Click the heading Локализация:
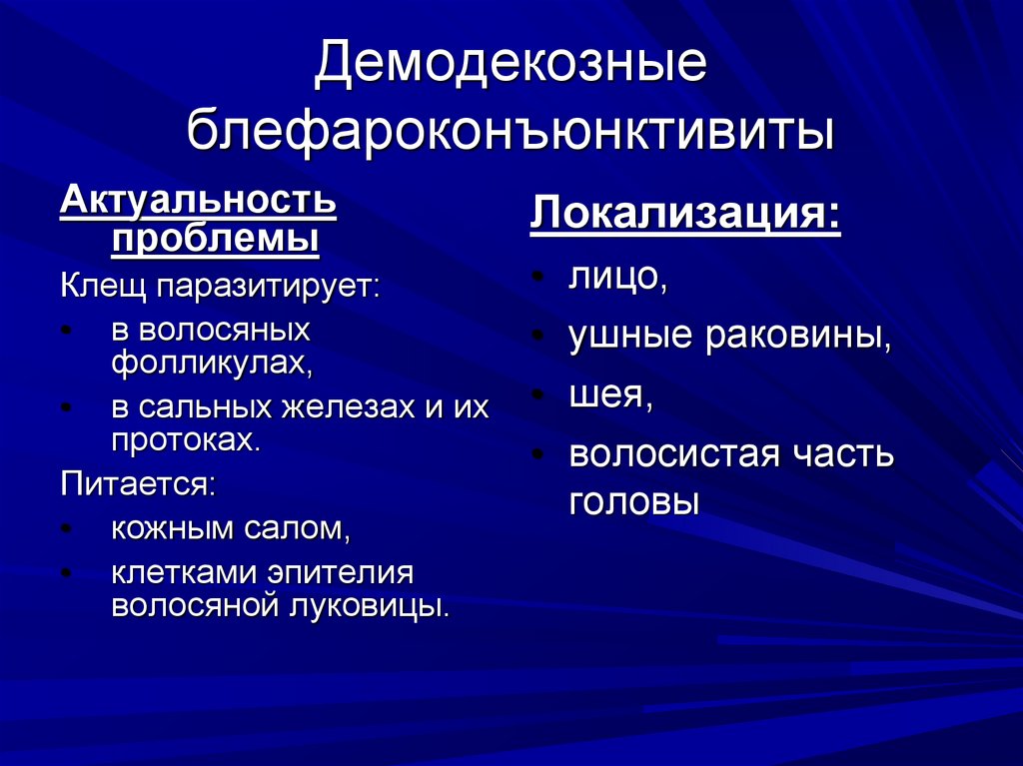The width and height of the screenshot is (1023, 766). (x=685, y=215)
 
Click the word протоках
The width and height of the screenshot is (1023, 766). (x=185, y=440)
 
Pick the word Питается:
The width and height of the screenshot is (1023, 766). (x=137, y=484)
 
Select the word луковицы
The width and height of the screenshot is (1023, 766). (x=383, y=605)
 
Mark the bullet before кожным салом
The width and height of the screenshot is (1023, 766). (x=66, y=529)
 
